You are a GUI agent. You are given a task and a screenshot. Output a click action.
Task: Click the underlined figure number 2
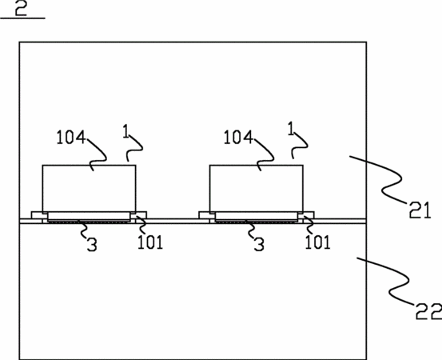pyautogui.click(x=21, y=9)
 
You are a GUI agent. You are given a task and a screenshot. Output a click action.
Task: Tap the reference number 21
pyautogui.click(x=420, y=210)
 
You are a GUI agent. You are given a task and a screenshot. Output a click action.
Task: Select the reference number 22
pyautogui.click(x=428, y=311)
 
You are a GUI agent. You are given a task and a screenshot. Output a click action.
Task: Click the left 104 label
pyautogui.click(x=71, y=138)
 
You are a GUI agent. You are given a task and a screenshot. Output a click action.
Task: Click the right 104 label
pyautogui.click(x=238, y=138)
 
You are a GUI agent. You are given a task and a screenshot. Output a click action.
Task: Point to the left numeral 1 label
pyautogui.click(x=126, y=131)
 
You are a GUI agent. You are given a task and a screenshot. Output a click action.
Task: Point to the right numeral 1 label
pyautogui.click(x=291, y=129)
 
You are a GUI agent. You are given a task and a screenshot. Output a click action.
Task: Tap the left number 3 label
pyautogui.click(x=92, y=244)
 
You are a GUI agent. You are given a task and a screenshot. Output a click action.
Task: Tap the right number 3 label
pyautogui.click(x=259, y=244)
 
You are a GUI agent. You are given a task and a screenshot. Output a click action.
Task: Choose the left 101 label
pyautogui.click(x=150, y=242)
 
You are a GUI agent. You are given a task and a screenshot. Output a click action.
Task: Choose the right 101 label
pyautogui.click(x=317, y=242)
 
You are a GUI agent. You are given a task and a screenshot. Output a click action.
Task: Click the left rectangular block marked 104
pyautogui.click(x=89, y=189)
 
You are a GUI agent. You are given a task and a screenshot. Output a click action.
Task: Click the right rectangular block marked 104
pyautogui.click(x=257, y=189)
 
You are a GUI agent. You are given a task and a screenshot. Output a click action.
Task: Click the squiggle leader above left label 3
pyautogui.click(x=82, y=230)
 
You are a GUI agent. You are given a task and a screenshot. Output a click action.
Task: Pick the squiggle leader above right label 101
pyautogui.click(x=309, y=225)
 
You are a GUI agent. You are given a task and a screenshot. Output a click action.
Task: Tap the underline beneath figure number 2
pyautogui.click(x=22, y=18)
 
